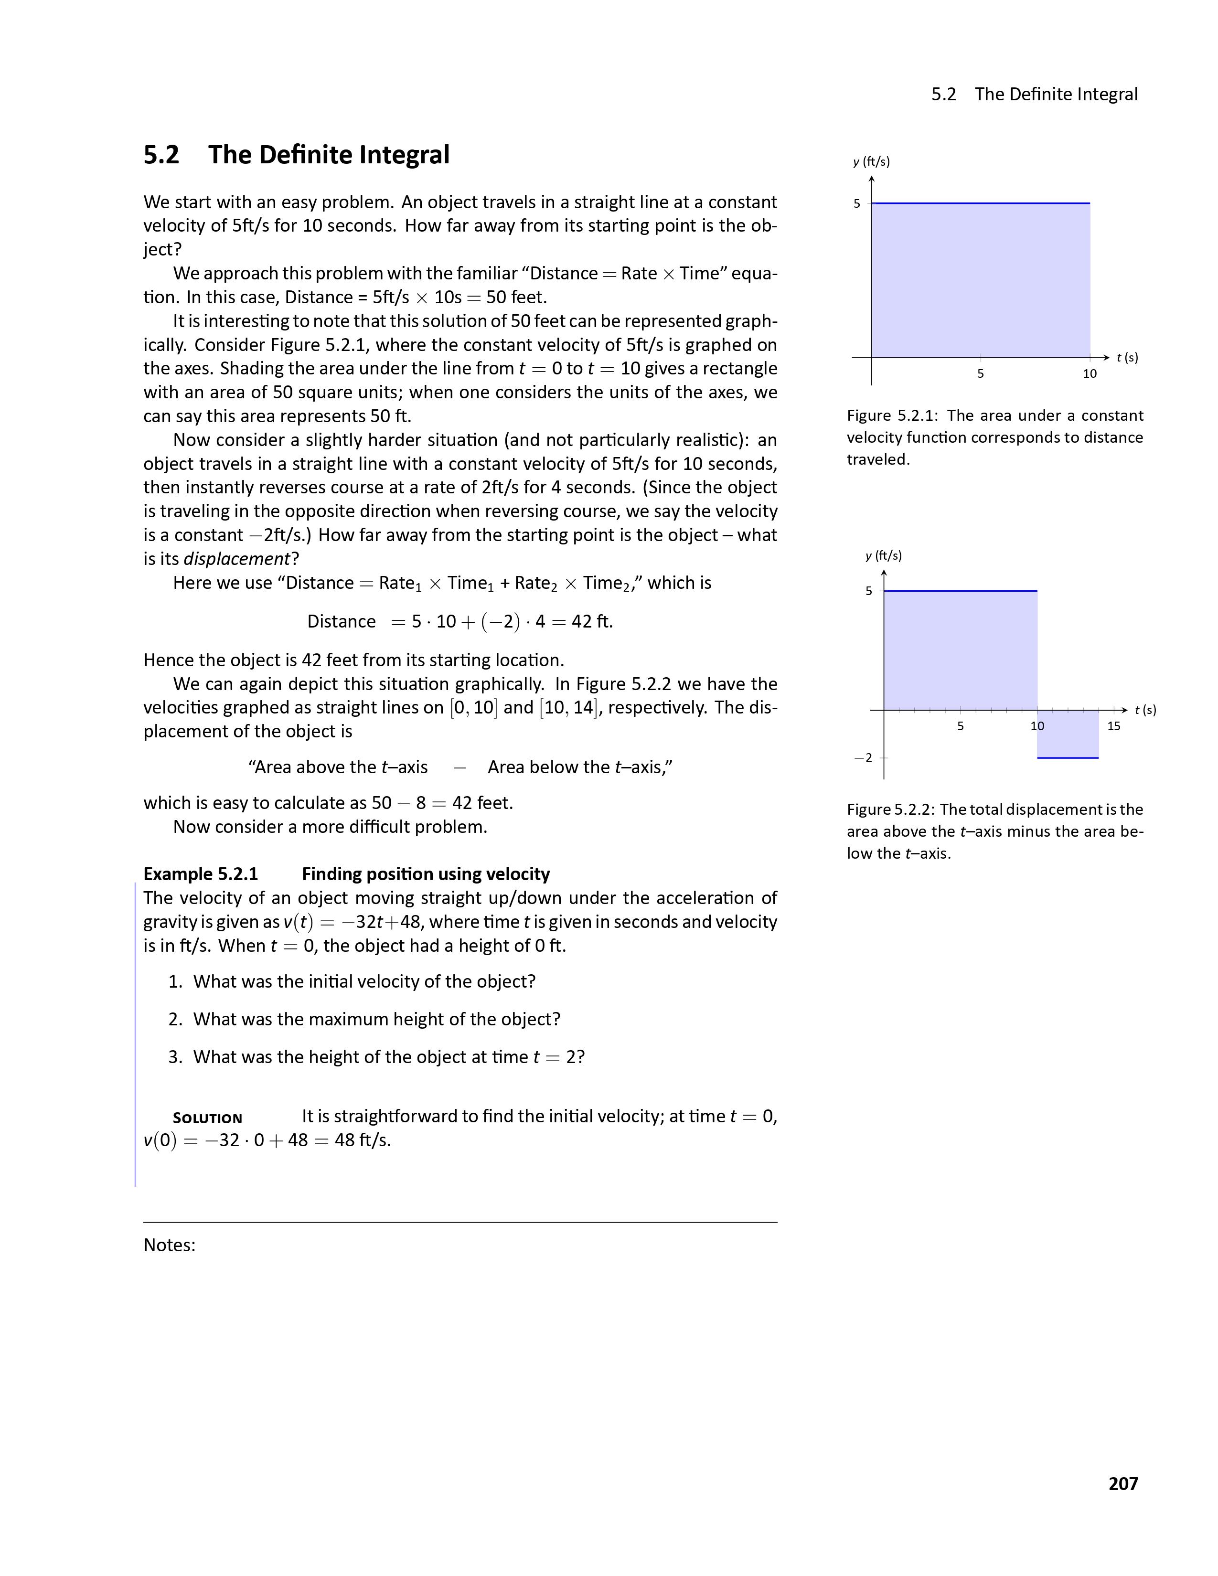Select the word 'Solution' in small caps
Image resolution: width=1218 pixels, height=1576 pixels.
coord(207,1118)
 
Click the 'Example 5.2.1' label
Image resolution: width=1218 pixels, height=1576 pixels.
coord(201,874)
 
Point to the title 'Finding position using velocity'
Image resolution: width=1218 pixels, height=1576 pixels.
coord(426,874)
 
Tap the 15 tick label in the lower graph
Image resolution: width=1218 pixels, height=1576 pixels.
coord(1113,726)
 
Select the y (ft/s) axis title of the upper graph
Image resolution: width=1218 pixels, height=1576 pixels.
coord(871,161)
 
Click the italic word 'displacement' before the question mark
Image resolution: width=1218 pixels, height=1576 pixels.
coord(236,559)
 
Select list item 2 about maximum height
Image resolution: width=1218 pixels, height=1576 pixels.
coord(364,1019)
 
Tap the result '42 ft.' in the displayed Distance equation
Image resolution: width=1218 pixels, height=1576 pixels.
coord(592,621)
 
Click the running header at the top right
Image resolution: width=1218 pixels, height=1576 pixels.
coord(1034,95)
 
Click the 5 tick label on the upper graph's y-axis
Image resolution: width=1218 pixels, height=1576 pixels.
coord(857,203)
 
